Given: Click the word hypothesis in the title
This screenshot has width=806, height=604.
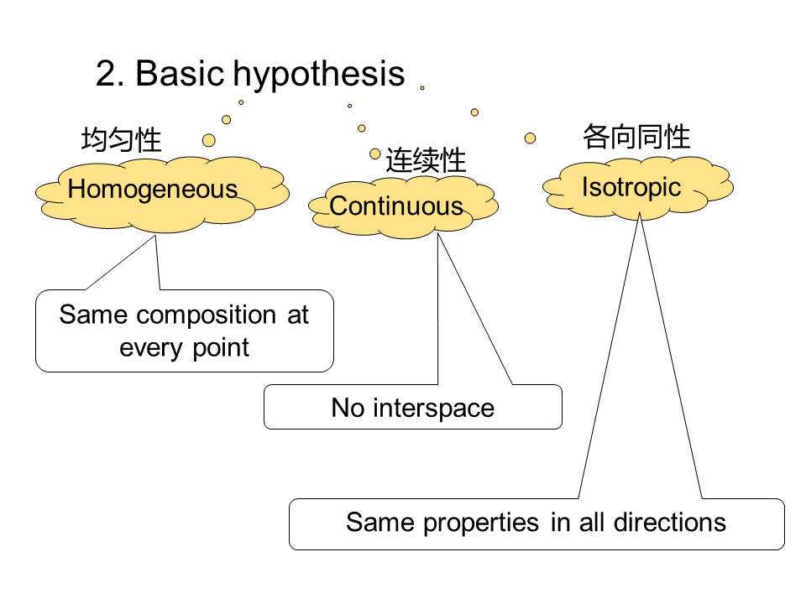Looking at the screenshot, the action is [x=319, y=75].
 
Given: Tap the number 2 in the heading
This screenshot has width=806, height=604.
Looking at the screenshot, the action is [x=107, y=73].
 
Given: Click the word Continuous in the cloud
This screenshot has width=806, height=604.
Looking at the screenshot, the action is [x=395, y=206].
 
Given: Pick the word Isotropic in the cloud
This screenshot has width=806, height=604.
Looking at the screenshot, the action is [x=631, y=188].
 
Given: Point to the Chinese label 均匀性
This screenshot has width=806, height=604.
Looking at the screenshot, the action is [x=121, y=139].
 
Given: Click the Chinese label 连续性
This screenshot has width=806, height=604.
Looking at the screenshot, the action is [x=426, y=160].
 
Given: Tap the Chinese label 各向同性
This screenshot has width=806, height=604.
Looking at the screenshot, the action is [x=636, y=137].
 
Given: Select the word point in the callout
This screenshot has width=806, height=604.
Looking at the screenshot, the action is [x=221, y=348].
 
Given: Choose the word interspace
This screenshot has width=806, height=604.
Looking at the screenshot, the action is [x=433, y=409].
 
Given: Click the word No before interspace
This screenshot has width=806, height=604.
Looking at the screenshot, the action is [x=348, y=408].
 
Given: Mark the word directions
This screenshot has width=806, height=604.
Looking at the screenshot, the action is [x=670, y=523].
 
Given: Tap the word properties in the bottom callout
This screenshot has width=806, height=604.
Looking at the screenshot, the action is [x=481, y=523].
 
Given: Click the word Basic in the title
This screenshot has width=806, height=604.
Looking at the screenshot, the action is [x=180, y=73].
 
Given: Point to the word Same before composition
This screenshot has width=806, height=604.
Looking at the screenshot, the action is [x=93, y=315].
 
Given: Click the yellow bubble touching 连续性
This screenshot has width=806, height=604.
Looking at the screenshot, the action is [x=375, y=154].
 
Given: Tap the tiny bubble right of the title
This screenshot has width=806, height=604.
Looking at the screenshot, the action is [x=422, y=88].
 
